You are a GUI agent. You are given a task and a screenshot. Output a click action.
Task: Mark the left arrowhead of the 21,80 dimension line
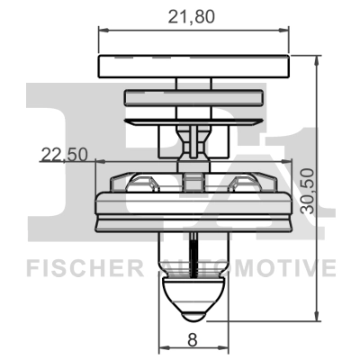tap(102, 31)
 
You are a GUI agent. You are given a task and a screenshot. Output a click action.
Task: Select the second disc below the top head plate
tap(192, 119)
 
